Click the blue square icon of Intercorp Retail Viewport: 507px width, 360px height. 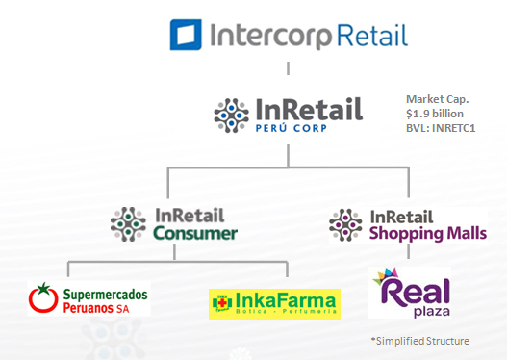pyautogui.click(x=187, y=35)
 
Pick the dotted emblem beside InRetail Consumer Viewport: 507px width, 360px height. pyautogui.click(x=128, y=224)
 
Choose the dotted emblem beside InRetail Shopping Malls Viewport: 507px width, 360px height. pyautogui.click(x=345, y=224)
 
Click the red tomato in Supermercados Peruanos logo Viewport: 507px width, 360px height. pyautogui.click(x=42, y=299)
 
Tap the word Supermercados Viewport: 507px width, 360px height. pyautogui.click(x=105, y=291)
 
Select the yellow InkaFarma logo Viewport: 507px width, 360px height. pyautogui.click(x=274, y=303)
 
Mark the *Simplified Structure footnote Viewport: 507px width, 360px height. pyautogui.click(x=420, y=340)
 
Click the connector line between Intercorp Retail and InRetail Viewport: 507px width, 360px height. pyautogui.click(x=288, y=70)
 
